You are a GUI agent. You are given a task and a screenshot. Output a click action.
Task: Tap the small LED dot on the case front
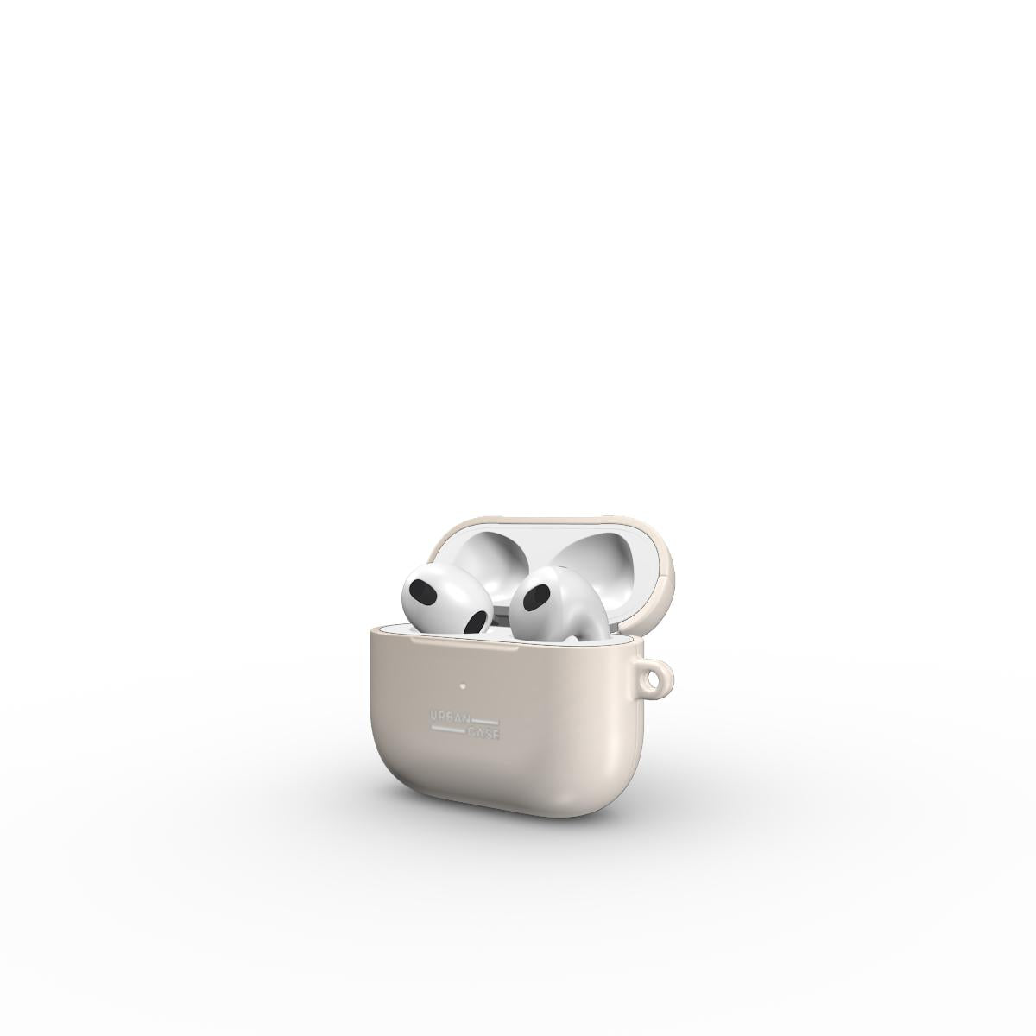463,685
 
